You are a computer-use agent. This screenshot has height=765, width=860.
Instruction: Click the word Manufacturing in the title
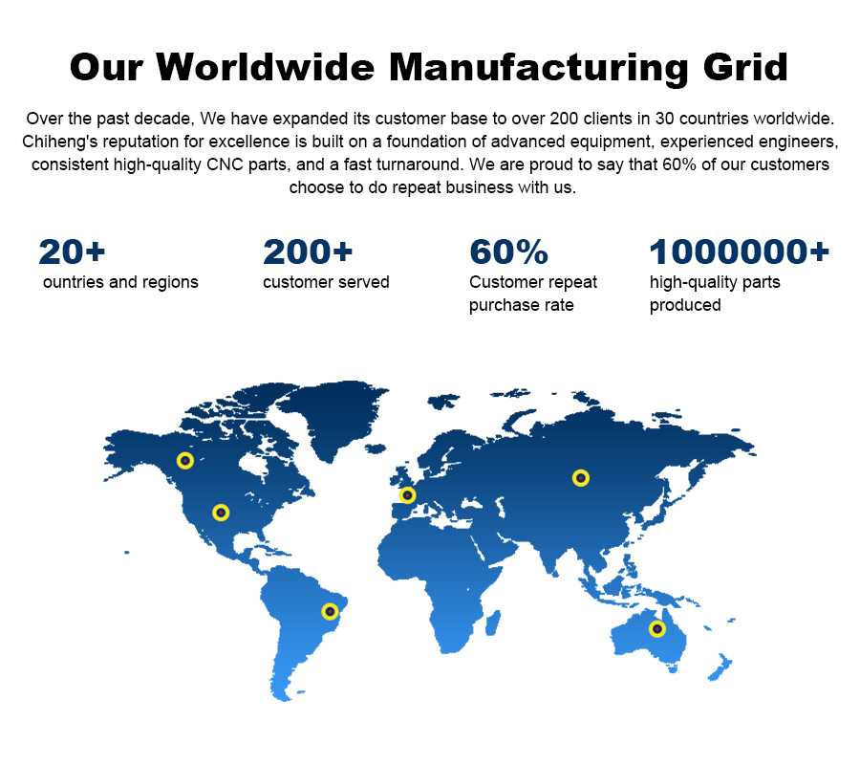[539, 67]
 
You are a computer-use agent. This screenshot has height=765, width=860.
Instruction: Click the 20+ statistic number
[72, 251]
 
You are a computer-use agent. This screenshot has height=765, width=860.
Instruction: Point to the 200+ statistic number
[307, 251]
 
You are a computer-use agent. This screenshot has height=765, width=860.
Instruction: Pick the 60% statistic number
[508, 251]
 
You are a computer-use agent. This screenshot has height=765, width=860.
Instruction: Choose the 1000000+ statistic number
[739, 251]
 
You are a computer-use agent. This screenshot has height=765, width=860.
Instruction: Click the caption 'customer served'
[326, 282]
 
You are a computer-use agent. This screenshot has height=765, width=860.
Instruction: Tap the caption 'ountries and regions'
[120, 282]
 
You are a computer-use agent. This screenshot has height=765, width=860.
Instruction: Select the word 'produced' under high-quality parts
[685, 305]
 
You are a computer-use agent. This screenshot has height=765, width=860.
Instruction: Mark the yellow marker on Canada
[185, 460]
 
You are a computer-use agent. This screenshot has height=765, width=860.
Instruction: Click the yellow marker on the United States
[221, 513]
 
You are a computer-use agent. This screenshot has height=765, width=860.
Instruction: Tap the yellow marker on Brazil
[330, 611]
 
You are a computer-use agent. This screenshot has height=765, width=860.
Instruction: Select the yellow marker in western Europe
[407, 495]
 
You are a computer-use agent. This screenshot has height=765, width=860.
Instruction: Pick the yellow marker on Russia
[581, 478]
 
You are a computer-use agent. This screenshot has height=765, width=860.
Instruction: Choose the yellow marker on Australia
[657, 629]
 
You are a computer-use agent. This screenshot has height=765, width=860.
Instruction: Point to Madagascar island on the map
[492, 623]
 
